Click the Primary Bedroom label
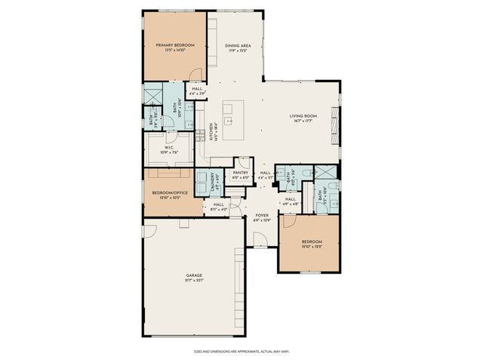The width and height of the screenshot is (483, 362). tap(175, 45)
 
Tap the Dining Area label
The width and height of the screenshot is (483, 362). tap(238, 45)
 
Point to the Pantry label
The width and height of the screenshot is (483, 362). tap(241, 173)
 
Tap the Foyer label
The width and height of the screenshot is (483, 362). tap(262, 216)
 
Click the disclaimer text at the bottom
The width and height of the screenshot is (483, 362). tap(241, 351)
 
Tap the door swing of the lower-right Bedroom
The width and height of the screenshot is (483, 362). tap(288, 220)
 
